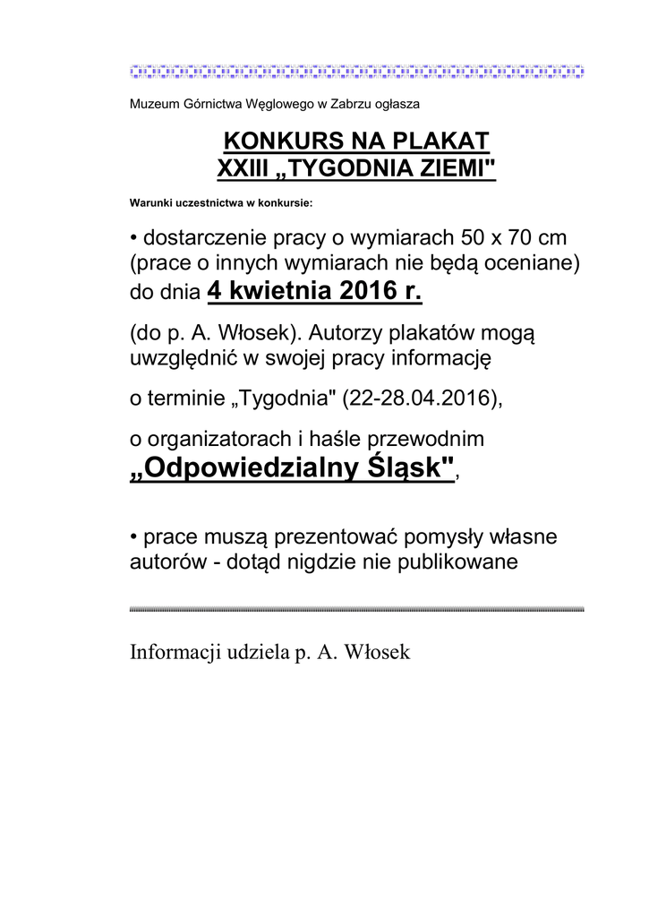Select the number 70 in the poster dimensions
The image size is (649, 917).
point(521,238)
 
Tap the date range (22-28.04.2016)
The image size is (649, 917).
point(422,399)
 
